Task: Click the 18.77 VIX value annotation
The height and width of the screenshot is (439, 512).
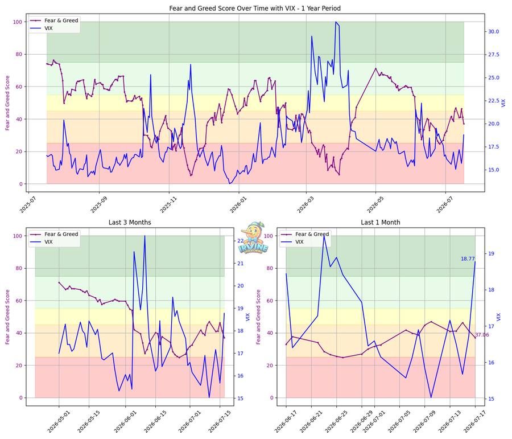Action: (468, 259)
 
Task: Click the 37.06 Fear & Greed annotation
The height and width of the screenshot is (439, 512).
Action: (482, 335)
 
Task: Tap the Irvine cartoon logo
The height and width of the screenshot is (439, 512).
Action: (253, 238)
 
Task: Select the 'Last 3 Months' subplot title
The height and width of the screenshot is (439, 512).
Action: (130, 222)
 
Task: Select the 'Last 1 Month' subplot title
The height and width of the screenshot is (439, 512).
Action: (381, 222)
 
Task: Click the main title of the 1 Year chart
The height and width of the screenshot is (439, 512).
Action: (255, 8)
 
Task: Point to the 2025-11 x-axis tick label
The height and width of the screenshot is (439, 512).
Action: (164, 204)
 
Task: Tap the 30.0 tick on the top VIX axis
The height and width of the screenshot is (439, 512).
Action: (493, 31)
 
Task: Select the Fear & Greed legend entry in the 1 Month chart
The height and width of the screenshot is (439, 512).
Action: (305, 234)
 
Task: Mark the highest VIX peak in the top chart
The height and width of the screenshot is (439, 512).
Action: (335, 22)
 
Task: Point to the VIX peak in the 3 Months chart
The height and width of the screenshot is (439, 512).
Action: (144, 236)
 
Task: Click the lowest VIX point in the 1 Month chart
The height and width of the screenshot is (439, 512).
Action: (431, 397)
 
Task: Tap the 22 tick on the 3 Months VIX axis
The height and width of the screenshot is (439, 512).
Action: (240, 241)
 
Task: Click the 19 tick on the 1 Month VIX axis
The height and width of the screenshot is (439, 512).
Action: (491, 253)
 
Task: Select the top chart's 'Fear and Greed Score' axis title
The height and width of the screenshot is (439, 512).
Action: (7, 103)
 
